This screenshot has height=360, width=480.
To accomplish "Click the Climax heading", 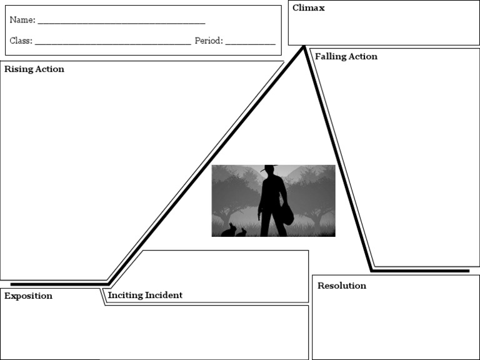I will tap(309, 8).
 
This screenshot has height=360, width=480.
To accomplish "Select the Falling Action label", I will tap(346, 56).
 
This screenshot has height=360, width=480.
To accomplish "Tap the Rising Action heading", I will tap(34, 69).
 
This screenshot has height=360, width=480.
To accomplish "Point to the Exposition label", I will tap(28, 296).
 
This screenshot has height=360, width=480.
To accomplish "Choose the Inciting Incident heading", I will tap(145, 295).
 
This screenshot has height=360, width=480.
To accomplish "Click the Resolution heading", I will tap(342, 286).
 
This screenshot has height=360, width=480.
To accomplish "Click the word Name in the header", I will tap(22, 20).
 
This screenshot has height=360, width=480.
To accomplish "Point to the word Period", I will tap(208, 41).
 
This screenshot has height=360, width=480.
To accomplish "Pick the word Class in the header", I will tap(21, 41).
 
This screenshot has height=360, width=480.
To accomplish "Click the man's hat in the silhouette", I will tap(269, 168).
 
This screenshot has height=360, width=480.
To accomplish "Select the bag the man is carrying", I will tap(287, 214).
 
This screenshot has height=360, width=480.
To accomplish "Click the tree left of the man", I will tap(232, 191).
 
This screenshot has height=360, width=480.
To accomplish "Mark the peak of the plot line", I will tap(304, 47).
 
